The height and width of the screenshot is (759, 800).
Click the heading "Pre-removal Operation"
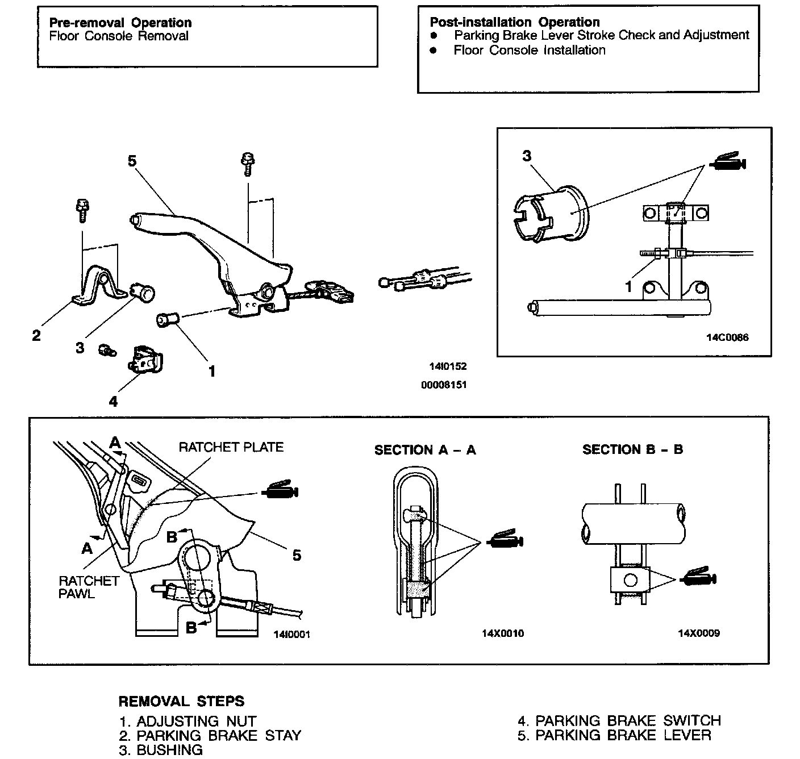(120, 23)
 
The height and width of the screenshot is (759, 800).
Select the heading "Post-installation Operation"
(514, 22)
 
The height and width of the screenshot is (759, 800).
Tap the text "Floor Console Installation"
(529, 50)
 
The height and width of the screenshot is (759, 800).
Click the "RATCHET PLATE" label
(231, 447)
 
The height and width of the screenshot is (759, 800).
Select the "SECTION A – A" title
(424, 451)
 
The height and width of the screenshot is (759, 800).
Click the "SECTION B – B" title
(632, 450)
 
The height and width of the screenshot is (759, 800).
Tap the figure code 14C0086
(727, 337)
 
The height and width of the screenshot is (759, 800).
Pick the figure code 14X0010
(502, 633)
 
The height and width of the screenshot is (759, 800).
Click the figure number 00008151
(444, 385)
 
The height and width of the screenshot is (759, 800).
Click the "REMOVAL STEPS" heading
(181, 701)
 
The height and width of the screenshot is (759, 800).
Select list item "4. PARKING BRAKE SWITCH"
(619, 721)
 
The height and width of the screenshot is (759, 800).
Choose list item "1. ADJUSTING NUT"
(188, 722)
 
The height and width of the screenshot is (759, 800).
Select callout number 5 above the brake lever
(132, 161)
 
